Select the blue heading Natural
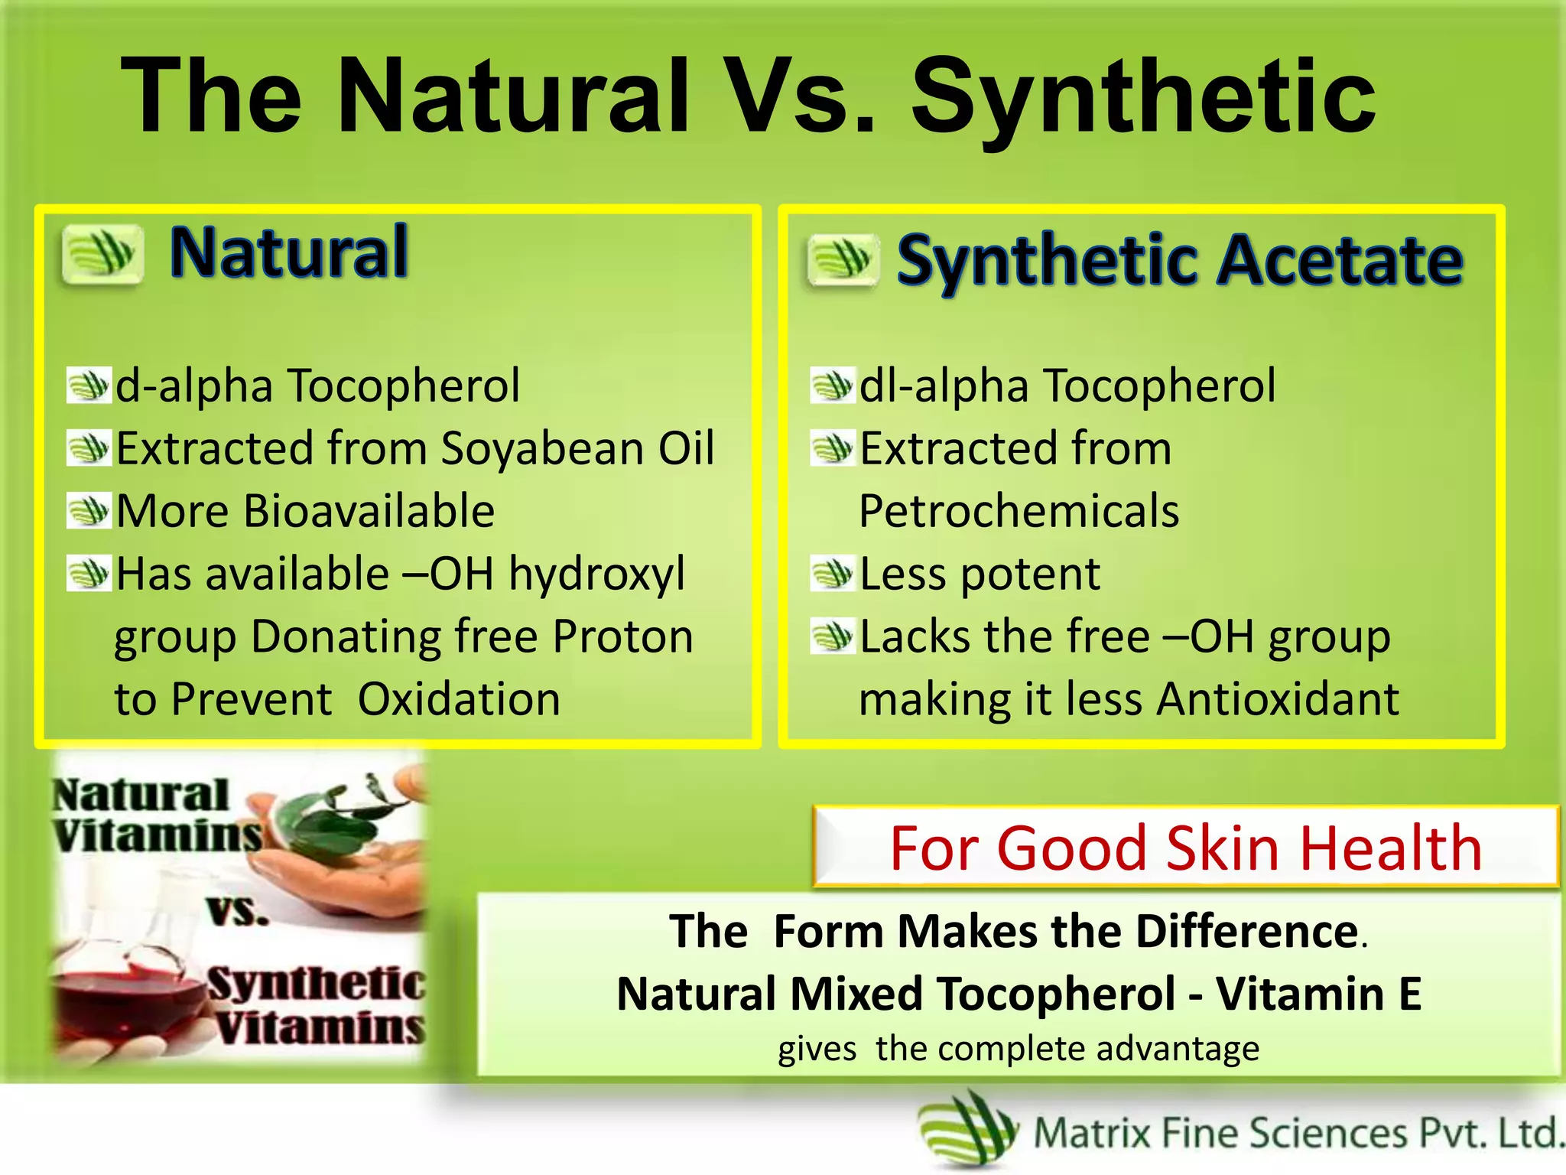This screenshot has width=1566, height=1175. (x=289, y=252)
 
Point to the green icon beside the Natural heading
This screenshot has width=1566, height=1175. (x=102, y=254)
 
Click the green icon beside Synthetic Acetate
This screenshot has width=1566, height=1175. (x=843, y=260)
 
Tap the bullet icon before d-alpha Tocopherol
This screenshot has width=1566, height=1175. (x=88, y=385)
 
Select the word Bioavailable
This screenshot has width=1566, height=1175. (x=369, y=511)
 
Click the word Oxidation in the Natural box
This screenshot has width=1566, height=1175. (x=459, y=699)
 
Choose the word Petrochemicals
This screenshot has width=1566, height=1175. (x=1019, y=511)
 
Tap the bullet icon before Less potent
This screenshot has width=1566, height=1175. (x=831, y=574)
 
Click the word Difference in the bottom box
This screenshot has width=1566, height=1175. (x=1246, y=932)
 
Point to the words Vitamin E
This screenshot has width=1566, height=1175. (x=1318, y=994)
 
